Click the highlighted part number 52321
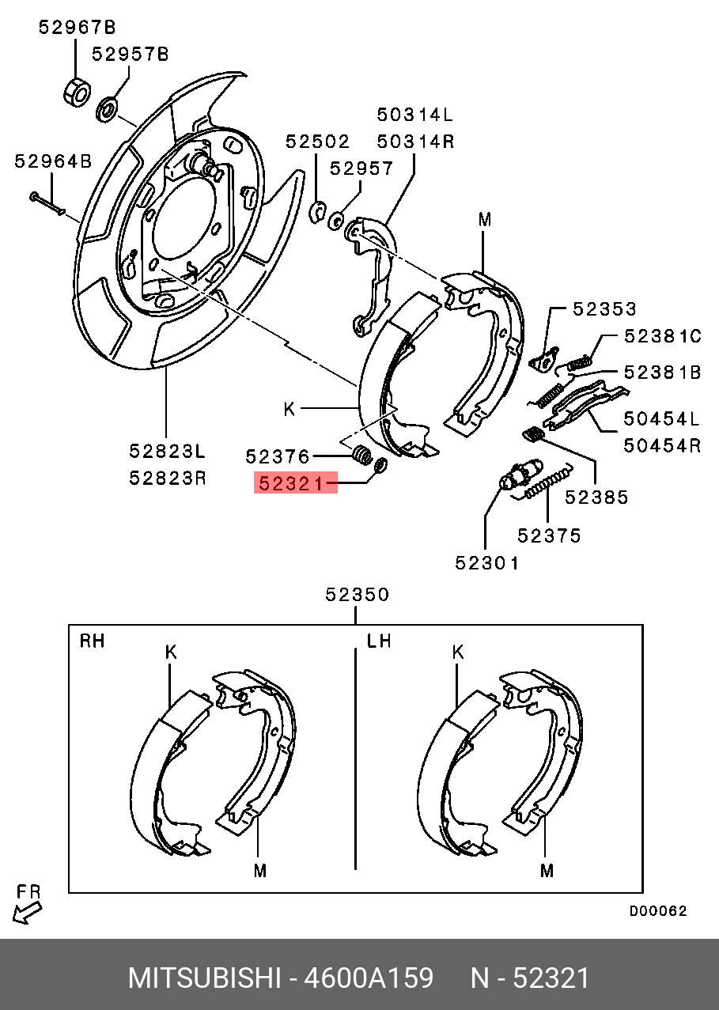click(295, 482)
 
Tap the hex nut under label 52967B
click(76, 90)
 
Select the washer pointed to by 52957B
click(107, 109)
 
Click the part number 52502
click(317, 142)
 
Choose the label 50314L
click(414, 115)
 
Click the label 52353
click(605, 309)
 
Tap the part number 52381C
click(662, 336)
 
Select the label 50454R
click(662, 445)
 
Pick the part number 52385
click(596, 497)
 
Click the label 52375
click(549, 536)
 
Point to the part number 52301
click(487, 563)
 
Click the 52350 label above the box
click(358, 595)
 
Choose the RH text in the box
click(92, 641)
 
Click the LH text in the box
click(379, 641)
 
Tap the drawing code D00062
click(658, 911)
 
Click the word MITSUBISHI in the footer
click(204, 978)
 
